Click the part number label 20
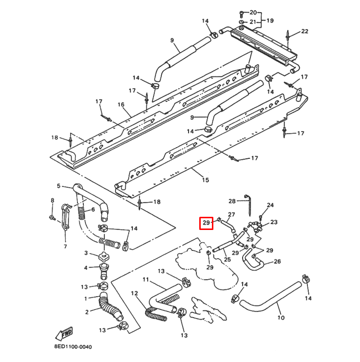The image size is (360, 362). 253,12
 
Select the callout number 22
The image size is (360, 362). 304,32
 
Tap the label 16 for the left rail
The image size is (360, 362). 121,105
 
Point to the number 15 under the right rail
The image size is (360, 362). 205,180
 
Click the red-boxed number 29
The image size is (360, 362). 206,224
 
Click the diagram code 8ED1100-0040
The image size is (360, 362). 73,347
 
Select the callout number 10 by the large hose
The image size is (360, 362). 281,318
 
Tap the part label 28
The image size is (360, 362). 232,201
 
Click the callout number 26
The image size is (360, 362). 277,262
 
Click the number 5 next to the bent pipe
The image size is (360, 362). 58,186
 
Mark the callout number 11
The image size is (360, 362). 145,279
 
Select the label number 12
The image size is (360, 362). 134,293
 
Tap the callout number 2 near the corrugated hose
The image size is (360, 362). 86,312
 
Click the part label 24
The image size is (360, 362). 270,205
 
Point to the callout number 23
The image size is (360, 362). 274,222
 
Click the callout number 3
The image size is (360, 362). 86,253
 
